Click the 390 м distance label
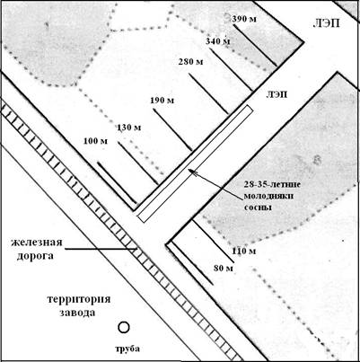244,19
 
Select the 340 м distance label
218,41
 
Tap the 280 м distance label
190,62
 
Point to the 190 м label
162,100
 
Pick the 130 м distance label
128,128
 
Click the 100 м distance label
95,140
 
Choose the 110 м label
244,251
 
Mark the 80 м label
224,269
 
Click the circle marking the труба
124,327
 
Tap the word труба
127,349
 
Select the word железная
37,243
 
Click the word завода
77,313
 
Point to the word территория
79,299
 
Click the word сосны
258,207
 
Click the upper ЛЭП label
326,23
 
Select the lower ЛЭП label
277,95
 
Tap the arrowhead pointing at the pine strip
191,172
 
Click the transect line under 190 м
172,129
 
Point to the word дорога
35,256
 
